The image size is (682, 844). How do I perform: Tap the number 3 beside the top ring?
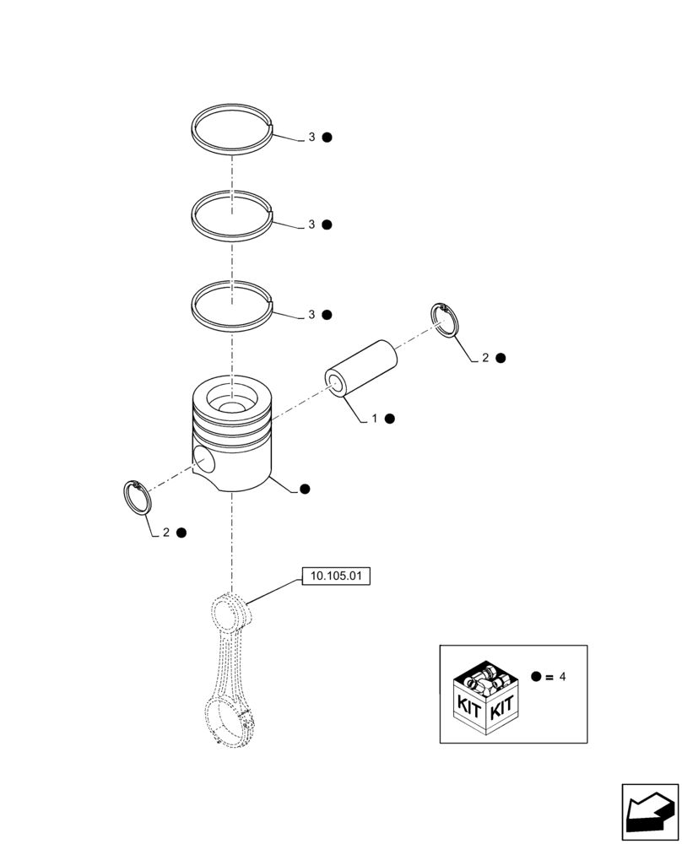click(x=311, y=137)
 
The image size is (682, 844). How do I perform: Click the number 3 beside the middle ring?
click(x=311, y=225)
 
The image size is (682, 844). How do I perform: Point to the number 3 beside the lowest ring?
click(x=311, y=315)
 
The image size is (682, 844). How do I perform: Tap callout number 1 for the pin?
click(x=375, y=418)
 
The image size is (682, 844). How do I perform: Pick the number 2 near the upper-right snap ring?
click(x=485, y=358)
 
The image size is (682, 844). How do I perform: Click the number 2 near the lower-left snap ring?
click(x=166, y=533)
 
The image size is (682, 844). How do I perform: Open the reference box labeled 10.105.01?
click(x=336, y=577)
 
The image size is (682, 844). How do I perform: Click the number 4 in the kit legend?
click(x=562, y=677)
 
